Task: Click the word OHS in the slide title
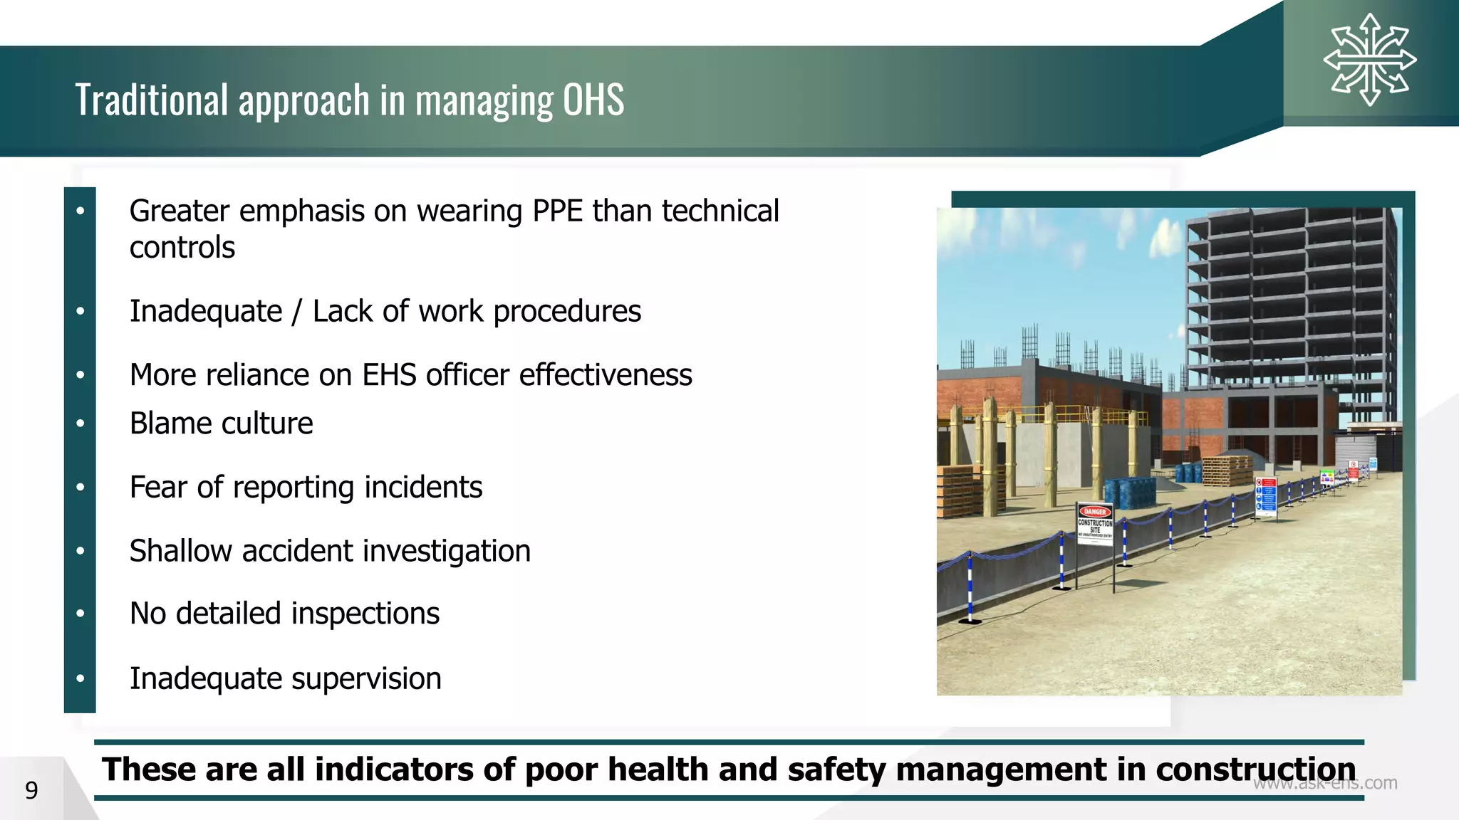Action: [x=593, y=100]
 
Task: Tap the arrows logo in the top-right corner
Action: [x=1369, y=61]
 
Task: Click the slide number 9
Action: [x=31, y=790]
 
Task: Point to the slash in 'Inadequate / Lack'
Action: [x=297, y=312]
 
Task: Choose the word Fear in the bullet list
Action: [x=158, y=488]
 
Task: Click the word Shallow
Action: [x=181, y=551]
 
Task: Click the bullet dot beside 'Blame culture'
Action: [x=81, y=424]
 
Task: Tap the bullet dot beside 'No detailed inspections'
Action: [x=81, y=614]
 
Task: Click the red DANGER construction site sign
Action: [x=1094, y=523]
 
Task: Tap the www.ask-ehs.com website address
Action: [x=1325, y=783]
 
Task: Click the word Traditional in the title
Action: [x=152, y=100]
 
